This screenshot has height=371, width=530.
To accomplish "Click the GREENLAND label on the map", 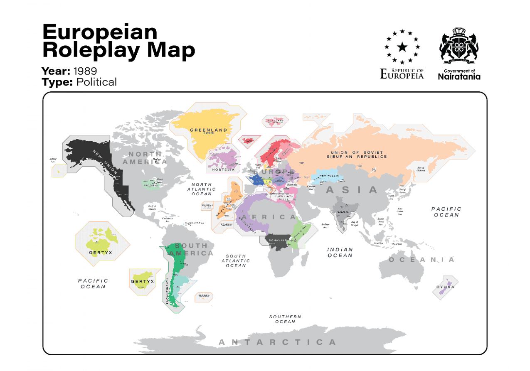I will coord(209,130).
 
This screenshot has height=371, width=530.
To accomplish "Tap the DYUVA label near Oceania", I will coord(445,287).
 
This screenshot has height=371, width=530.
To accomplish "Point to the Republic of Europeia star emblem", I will coord(402,47).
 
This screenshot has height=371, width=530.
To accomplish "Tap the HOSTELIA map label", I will coord(223,170).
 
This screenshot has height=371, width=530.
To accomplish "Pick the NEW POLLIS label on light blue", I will coord(330,176).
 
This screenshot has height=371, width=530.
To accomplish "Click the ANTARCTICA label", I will coord(277,342).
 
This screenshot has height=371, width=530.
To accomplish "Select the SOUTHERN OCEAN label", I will coord(285,319).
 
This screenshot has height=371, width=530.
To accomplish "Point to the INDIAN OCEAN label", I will coord(340,253).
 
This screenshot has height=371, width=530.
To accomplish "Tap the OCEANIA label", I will coord(422,260).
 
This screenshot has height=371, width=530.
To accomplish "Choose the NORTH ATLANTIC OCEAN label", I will coord(202,189).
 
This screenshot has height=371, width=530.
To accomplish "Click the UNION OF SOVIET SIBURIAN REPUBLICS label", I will coord(356,155).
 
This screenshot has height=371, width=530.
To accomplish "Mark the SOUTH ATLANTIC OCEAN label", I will coord(236,261).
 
